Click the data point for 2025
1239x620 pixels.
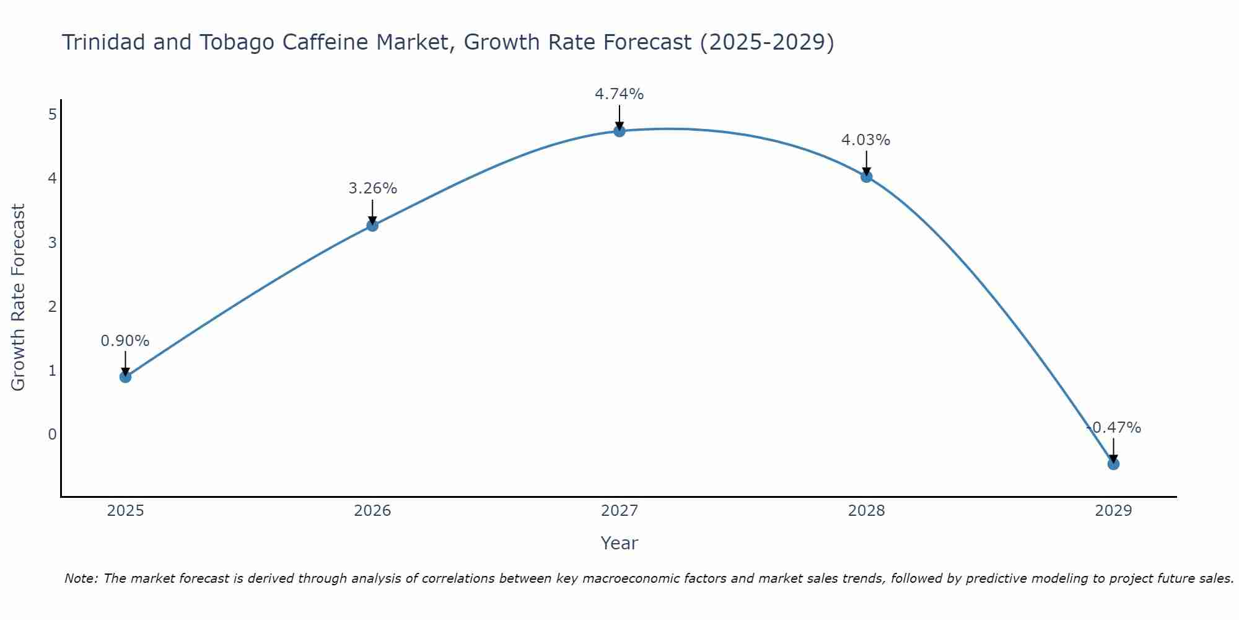click(x=125, y=376)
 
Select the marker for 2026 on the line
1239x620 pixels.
click(x=372, y=225)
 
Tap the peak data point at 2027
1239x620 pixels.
click(x=619, y=131)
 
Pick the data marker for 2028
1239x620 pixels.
click(x=867, y=177)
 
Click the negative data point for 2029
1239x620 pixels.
click(x=1113, y=464)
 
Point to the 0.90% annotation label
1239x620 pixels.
click(x=125, y=341)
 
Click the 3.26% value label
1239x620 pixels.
click(x=372, y=188)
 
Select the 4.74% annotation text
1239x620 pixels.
click(x=619, y=94)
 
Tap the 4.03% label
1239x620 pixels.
click(x=866, y=140)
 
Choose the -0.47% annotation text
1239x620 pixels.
click(x=1114, y=428)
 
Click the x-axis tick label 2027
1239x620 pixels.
click(x=619, y=511)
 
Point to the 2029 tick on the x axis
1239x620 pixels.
click(x=1113, y=511)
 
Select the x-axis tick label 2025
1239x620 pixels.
click(x=125, y=511)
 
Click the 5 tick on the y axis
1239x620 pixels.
click(x=53, y=114)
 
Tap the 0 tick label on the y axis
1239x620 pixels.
click(x=53, y=434)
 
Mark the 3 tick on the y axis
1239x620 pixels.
click(x=53, y=242)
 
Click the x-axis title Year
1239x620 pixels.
click(x=619, y=543)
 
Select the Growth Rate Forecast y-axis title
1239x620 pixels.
click(x=19, y=298)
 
